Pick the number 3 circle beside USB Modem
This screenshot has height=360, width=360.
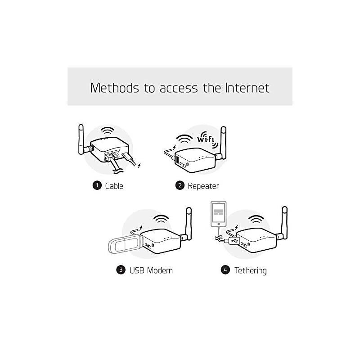(x=121, y=270)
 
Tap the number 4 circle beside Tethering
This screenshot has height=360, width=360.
(x=225, y=270)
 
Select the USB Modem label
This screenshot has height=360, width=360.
(x=151, y=270)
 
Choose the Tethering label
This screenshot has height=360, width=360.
(x=250, y=270)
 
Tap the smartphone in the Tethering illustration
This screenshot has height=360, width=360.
(x=218, y=215)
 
